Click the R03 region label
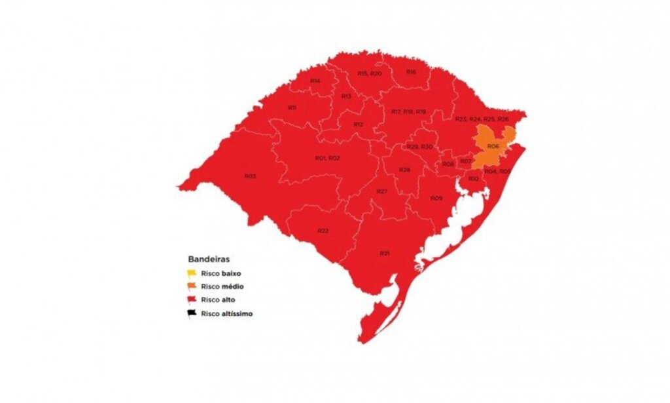[x=250, y=176]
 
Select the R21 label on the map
[x=385, y=253]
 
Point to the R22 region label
[x=323, y=231]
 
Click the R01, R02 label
[x=327, y=158]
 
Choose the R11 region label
[x=292, y=107]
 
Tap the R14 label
[x=315, y=81]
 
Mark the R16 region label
[x=411, y=71]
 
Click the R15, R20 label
[x=369, y=73]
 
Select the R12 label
[x=358, y=124]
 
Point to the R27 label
[x=382, y=191]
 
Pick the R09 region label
[x=436, y=198]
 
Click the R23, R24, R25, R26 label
[x=482, y=119]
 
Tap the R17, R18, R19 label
[x=408, y=112]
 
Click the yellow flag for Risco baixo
[x=192, y=273]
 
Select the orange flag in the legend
[x=192, y=286]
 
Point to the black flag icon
[x=192, y=313]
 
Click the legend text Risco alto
[x=218, y=300]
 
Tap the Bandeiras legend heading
[x=208, y=259]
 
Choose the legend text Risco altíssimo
[x=227, y=313]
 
